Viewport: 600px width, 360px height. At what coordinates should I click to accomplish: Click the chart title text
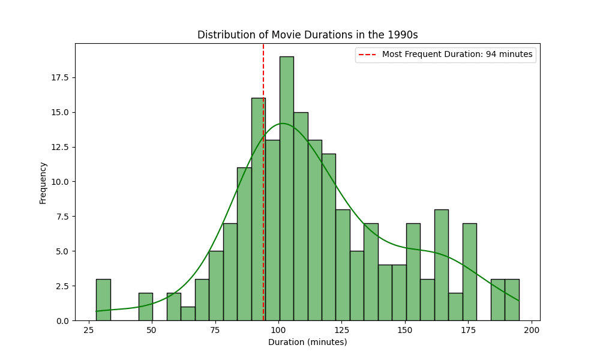pyautogui.click(x=307, y=35)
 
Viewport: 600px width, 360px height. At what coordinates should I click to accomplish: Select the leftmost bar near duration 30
pyautogui.click(x=103, y=299)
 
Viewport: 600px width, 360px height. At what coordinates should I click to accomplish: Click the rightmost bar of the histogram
pyautogui.click(x=512, y=299)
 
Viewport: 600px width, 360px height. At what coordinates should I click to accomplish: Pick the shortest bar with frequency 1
pyautogui.click(x=188, y=313)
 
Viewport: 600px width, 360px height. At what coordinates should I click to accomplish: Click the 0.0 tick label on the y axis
pyautogui.click(x=62, y=321)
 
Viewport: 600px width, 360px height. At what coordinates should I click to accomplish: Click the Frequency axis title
pyautogui.click(x=43, y=182)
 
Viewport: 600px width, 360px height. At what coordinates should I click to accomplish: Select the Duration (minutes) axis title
pyautogui.click(x=307, y=343)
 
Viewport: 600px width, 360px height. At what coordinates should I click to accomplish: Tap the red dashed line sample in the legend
pyautogui.click(x=368, y=55)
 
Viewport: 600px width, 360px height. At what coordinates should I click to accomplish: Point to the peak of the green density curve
pyautogui.click(x=283, y=124)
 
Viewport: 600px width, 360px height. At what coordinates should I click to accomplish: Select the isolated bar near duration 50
pyautogui.click(x=146, y=307)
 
